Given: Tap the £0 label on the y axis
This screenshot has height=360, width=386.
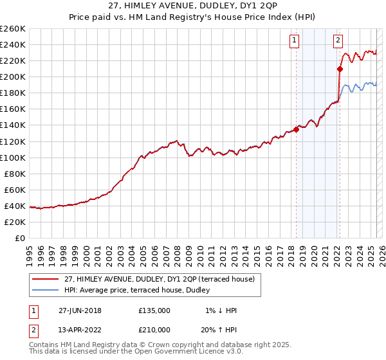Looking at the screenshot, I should (x=20, y=238).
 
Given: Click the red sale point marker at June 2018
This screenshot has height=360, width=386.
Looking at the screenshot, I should (x=296, y=129).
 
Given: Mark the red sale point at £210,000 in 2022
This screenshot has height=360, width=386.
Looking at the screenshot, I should (x=340, y=69).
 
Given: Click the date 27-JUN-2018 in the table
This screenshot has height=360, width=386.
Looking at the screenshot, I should (x=80, y=310).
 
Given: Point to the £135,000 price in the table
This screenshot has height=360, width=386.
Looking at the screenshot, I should (x=154, y=310).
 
